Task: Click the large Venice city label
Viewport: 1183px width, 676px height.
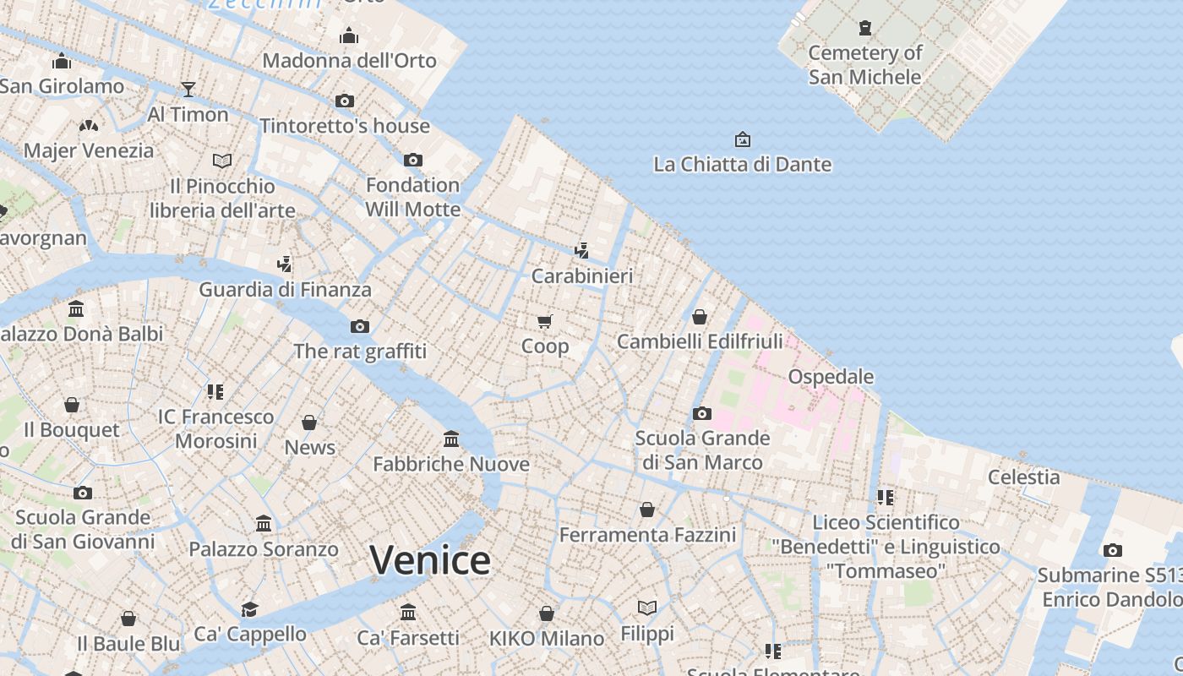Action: pos(430,560)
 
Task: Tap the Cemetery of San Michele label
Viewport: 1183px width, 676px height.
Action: pos(864,65)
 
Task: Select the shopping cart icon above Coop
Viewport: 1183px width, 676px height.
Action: pos(545,321)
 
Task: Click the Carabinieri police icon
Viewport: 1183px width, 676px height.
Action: pos(581,250)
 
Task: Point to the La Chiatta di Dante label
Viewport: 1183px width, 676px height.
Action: pos(742,164)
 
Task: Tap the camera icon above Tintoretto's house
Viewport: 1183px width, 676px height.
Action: pos(345,101)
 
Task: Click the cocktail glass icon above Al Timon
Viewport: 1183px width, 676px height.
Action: pos(188,90)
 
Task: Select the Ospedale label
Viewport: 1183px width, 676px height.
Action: pos(831,376)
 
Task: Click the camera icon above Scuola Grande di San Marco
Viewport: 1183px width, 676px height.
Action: pos(702,413)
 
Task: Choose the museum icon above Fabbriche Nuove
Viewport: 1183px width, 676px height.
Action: pos(451,439)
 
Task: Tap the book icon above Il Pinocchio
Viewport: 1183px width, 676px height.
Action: pos(222,161)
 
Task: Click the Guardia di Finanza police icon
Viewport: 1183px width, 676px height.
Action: pos(285,264)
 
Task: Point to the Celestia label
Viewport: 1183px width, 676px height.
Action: pos(1023,477)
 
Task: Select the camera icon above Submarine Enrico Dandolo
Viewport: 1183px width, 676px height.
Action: pos(1113,550)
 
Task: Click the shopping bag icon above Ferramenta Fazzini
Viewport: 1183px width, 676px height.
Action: pos(647,510)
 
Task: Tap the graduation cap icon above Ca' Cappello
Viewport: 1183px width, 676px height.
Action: pos(249,609)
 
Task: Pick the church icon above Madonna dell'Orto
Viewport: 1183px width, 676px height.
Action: pos(349,35)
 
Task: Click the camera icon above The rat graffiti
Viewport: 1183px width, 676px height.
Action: pos(360,326)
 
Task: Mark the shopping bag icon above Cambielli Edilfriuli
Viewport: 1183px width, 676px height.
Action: pos(700,317)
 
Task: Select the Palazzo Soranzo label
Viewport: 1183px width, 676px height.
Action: pos(264,548)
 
